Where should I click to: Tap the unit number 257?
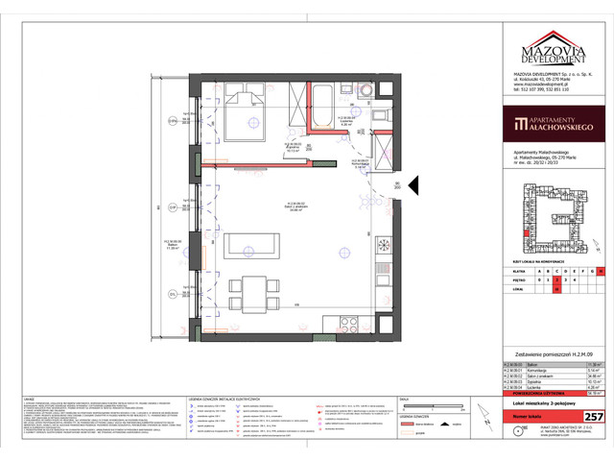click(x=593, y=416)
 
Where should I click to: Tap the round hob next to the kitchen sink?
click(x=385, y=243)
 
